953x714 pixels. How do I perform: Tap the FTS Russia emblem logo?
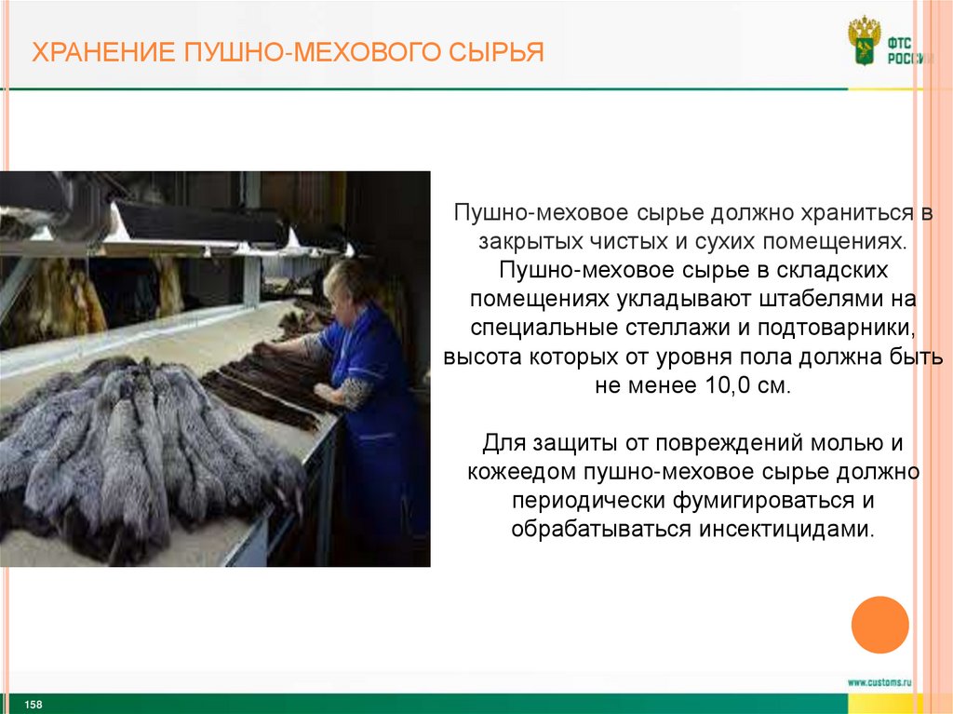click(x=865, y=40)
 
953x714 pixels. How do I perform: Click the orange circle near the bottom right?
click(x=879, y=624)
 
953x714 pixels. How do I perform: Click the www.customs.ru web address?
click(x=879, y=682)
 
